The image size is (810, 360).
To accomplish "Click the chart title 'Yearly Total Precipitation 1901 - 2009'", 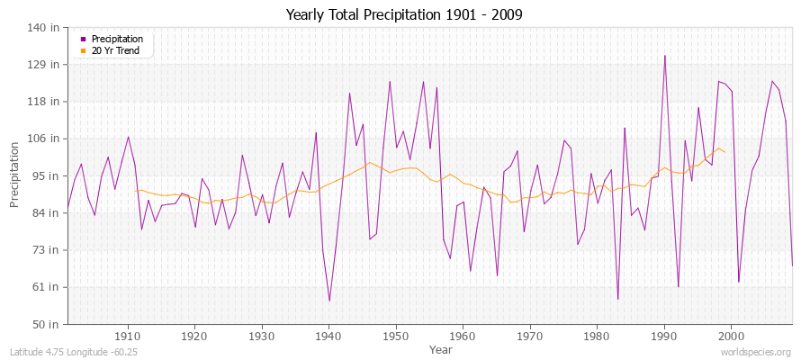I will coord(404,14).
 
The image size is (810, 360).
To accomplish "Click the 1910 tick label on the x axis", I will coord(128,336).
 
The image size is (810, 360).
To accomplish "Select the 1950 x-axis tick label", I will coord(395,336).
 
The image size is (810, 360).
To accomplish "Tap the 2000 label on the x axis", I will coord(730,336).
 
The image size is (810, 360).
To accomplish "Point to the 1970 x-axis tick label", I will coord(529,336).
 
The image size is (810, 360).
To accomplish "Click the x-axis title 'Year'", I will coord(441,348).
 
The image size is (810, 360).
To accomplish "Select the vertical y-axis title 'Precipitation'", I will coord(15,175).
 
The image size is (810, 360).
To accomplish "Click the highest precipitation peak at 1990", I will coord(665,56).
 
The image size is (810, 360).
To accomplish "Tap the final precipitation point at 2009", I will coord(792,265).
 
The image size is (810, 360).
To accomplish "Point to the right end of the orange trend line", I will coord(724,152).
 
